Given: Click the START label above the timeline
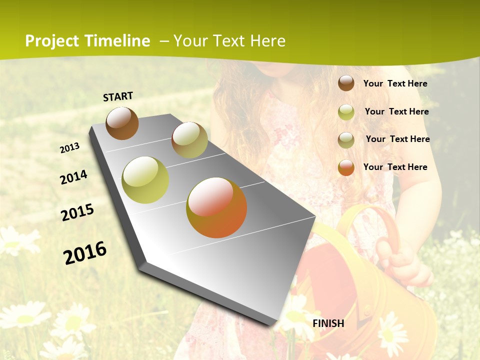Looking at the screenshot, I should click(118, 96).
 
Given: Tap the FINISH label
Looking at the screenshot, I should click(328, 323).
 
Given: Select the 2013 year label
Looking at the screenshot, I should click(69, 148).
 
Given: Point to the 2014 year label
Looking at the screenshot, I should click(73, 177).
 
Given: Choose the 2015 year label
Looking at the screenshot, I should click(77, 212).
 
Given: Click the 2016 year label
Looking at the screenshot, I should click(85, 252).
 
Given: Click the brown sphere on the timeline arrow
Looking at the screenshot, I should click(122, 123).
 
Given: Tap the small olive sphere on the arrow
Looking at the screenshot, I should click(189, 140).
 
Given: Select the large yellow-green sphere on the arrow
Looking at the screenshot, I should click(145, 180).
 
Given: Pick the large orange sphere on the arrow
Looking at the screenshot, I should click(216, 207).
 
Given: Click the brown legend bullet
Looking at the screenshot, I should click(346, 83).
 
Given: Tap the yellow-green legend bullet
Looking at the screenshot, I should click(346, 112).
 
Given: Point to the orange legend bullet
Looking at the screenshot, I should click(346, 167).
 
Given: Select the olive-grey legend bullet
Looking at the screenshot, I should click(346, 140).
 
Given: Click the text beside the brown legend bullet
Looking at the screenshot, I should click(395, 83).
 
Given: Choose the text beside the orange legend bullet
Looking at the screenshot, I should click(395, 167).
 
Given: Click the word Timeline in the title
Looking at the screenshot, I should click(117, 41).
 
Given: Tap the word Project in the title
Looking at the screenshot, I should click(51, 41).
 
